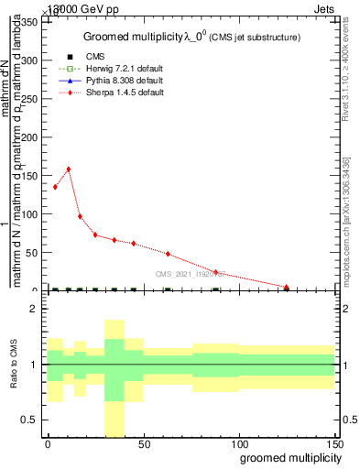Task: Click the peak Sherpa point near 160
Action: click(68, 169)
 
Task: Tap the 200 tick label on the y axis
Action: click(32, 137)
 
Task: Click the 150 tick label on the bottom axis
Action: click(333, 443)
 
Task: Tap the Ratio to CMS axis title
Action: click(16, 365)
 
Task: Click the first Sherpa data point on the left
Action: click(55, 187)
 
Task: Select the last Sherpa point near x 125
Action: click(287, 288)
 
